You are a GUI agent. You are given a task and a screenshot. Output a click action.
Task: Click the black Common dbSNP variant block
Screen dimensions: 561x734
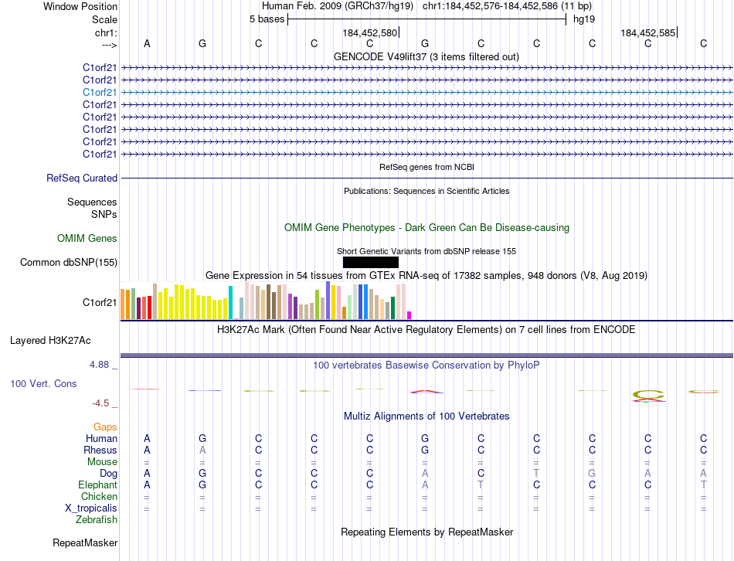(370, 262)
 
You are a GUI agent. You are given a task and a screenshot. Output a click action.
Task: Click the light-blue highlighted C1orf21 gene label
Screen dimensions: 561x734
(100, 92)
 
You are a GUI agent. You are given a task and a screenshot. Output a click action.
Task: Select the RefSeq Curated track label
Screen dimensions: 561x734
(82, 178)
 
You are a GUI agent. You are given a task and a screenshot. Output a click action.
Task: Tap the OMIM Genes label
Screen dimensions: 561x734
(87, 239)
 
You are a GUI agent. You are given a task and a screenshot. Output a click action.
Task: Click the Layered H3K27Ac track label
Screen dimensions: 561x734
(50, 340)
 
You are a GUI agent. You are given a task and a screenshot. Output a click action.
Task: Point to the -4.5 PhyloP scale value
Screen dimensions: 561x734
(101, 403)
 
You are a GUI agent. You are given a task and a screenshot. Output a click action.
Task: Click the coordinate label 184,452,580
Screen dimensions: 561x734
(369, 33)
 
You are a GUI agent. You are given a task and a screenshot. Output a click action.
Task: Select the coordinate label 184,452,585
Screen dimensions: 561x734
(647, 33)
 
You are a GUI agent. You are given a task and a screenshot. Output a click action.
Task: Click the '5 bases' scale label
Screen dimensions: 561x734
(267, 19)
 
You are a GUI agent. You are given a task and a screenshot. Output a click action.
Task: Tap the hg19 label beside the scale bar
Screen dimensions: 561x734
(583, 19)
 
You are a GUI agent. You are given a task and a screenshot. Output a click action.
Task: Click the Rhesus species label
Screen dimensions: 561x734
(100, 450)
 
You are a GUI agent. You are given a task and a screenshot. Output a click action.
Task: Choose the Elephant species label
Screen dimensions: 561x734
(97, 484)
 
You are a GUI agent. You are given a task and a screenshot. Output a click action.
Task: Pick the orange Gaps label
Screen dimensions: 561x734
(105, 427)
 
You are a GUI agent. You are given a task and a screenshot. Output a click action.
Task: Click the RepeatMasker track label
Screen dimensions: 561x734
(85, 543)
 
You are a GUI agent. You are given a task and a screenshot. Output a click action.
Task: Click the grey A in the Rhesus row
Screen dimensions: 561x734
(202, 450)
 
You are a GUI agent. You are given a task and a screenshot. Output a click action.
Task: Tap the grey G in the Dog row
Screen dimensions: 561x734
(592, 473)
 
